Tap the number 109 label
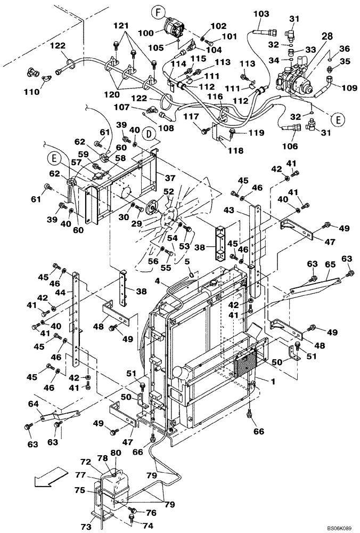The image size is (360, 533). click(x=349, y=88)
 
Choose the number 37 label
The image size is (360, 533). click(x=169, y=177)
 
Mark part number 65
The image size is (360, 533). click(x=330, y=264)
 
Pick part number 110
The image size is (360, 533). click(x=32, y=92)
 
